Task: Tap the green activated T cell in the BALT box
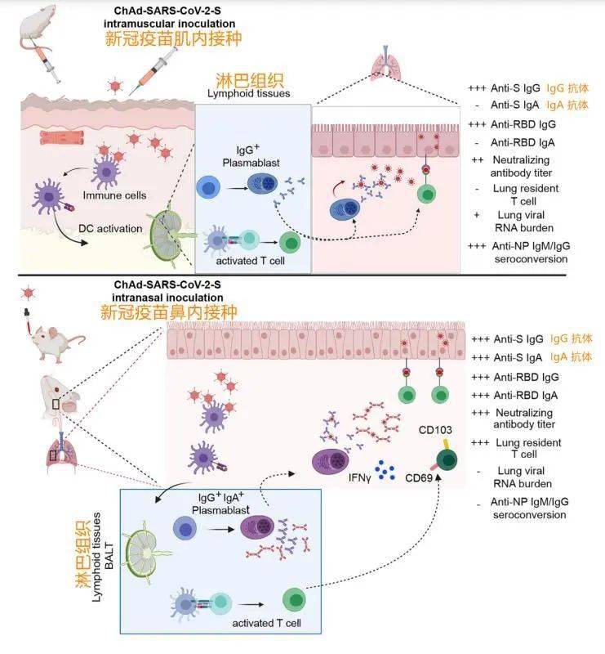pos(294,600)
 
